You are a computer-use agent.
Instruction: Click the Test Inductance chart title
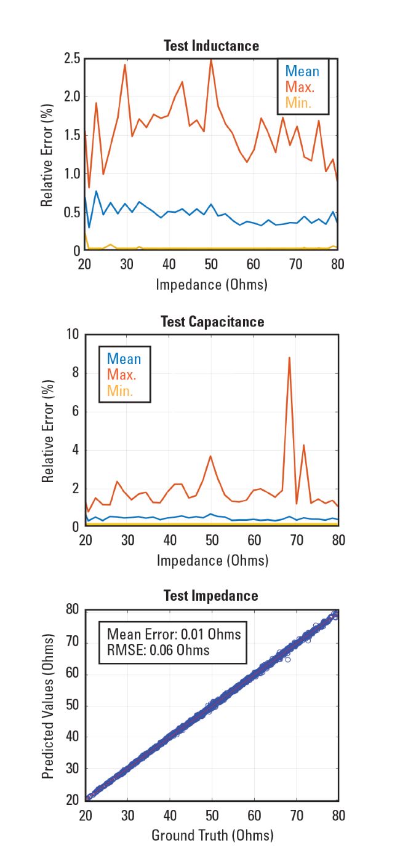point(211,46)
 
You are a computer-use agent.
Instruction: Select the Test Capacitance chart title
point(212,322)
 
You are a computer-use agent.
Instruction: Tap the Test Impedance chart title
point(211,596)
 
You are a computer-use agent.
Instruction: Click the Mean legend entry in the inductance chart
point(302,71)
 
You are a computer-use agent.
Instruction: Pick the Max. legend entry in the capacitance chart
point(122,374)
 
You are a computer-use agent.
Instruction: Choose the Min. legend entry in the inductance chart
point(298,103)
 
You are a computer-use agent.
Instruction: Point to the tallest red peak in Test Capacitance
point(289,358)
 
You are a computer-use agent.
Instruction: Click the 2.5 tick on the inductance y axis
point(72,59)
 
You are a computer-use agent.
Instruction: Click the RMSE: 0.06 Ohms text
point(158,650)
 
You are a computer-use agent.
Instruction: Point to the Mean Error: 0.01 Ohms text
point(174,634)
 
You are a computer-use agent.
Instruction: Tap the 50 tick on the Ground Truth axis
point(212,815)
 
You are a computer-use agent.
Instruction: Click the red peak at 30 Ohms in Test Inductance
point(125,65)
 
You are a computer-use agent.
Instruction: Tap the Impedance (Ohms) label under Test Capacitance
point(212,560)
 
